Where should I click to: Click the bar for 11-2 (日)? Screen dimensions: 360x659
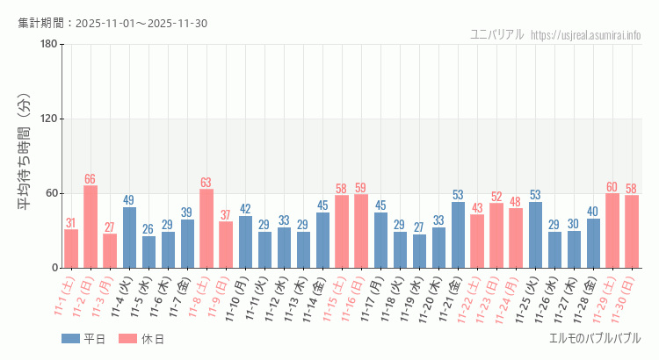[x=90, y=227]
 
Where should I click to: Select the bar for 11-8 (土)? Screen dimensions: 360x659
[x=206, y=228]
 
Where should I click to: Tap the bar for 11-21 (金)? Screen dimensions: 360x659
[x=458, y=234]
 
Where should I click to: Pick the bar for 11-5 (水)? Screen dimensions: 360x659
[x=148, y=251]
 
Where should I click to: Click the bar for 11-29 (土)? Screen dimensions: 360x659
[x=612, y=230]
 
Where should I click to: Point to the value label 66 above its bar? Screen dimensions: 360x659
[x=90, y=179]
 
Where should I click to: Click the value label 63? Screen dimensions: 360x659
[x=206, y=183]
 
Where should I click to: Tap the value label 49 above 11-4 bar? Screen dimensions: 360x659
[x=129, y=200]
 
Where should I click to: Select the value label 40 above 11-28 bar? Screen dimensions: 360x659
[x=593, y=212]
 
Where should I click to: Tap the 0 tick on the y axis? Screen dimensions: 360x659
[x=54, y=268]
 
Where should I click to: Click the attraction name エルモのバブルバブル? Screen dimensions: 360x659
[x=594, y=338]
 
